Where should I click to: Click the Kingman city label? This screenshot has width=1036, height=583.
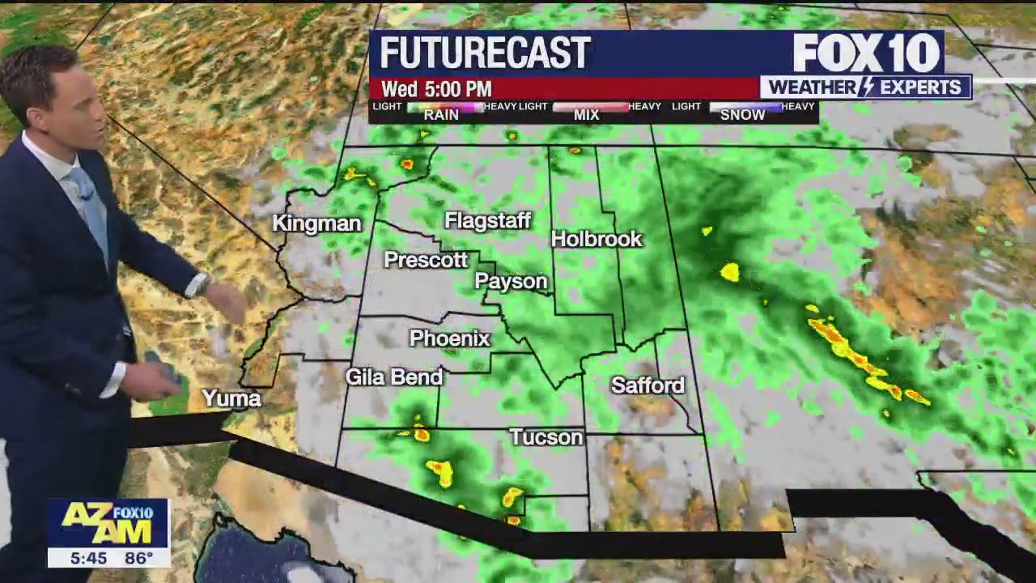pos(316,223)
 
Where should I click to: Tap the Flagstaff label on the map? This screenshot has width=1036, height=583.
pos(487,221)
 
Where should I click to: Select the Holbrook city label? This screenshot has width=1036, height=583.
pos(597,239)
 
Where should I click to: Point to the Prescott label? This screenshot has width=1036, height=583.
pos(426,260)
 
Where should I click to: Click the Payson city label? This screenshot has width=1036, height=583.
pos(511,281)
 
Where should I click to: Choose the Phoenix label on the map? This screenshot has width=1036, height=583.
pos(450,338)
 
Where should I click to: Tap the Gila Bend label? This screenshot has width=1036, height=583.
pos(394,377)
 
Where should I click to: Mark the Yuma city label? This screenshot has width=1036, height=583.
pos(231,398)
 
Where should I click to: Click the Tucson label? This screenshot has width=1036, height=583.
pos(546,437)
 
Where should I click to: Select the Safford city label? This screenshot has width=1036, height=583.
pos(647,385)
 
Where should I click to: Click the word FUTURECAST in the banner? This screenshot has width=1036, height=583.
pos(485,53)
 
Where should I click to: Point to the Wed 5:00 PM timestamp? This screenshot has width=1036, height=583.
pos(436,89)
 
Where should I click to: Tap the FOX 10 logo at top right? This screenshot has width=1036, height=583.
pos(866,53)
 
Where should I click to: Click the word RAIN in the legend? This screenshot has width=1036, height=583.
pos(441,115)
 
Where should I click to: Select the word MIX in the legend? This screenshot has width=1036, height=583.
pos(586,115)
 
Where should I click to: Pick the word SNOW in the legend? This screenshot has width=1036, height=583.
pos(742,115)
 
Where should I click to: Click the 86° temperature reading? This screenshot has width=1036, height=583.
pos(139,558)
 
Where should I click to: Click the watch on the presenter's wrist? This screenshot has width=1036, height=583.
pos(200,284)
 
